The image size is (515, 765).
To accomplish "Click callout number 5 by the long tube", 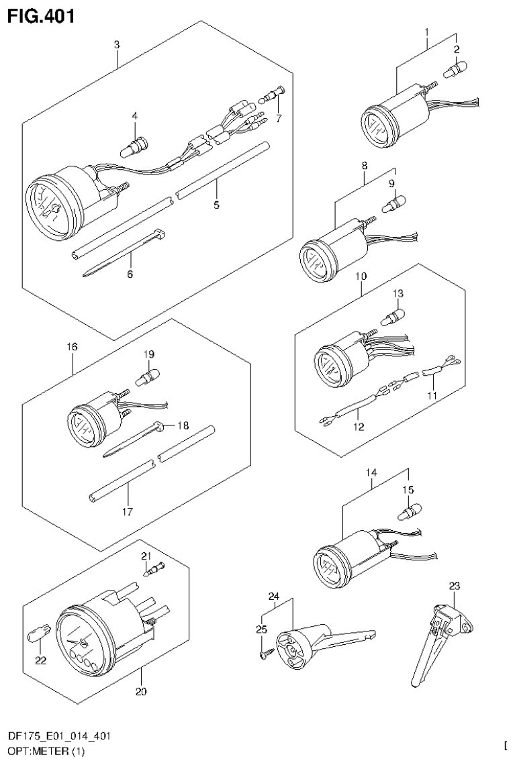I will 216,205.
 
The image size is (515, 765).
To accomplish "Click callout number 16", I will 72,347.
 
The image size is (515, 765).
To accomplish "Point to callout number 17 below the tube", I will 128,511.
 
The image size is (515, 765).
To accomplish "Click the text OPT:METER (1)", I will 47,752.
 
